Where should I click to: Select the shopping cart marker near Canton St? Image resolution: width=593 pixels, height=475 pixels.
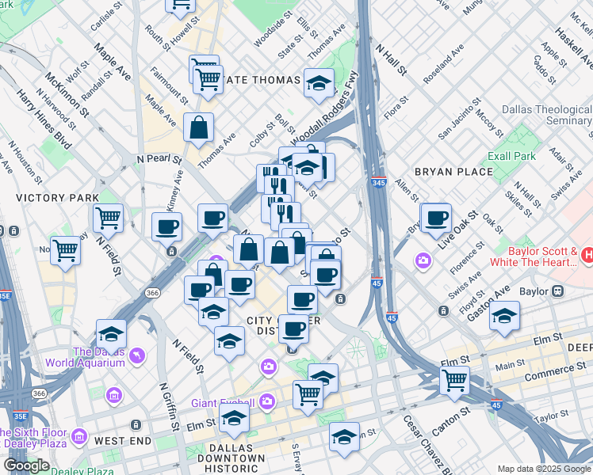455,379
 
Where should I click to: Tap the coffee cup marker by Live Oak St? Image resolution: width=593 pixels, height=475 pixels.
435,217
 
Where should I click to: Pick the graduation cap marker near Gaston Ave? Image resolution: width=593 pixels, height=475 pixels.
504,316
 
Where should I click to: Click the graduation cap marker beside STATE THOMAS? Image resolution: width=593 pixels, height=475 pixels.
319,83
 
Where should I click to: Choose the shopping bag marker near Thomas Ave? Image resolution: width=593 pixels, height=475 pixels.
198,126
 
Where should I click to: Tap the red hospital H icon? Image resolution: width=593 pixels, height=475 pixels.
587,255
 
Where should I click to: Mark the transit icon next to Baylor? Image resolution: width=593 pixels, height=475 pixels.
558,291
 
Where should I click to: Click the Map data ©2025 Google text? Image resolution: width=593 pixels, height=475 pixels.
544,469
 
